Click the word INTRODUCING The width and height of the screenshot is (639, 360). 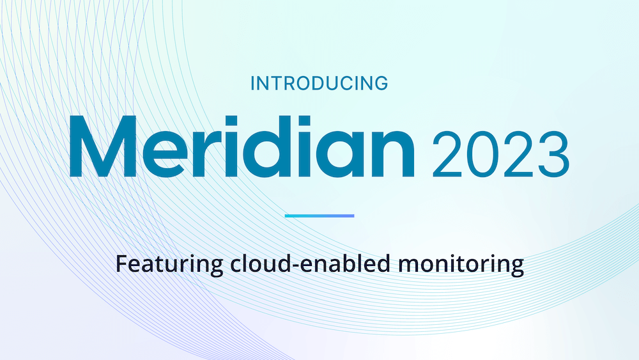click(x=319, y=83)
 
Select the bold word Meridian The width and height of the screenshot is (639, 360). click(x=242, y=146)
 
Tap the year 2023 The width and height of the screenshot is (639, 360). click(x=500, y=153)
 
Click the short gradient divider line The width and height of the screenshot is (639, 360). click(x=319, y=215)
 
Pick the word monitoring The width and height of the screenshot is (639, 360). click(x=461, y=265)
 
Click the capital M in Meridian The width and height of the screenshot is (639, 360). click(x=103, y=146)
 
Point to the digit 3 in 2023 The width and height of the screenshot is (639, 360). click(x=553, y=153)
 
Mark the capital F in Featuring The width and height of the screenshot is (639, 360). click(x=122, y=264)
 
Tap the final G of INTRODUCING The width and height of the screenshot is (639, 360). click(x=381, y=84)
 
